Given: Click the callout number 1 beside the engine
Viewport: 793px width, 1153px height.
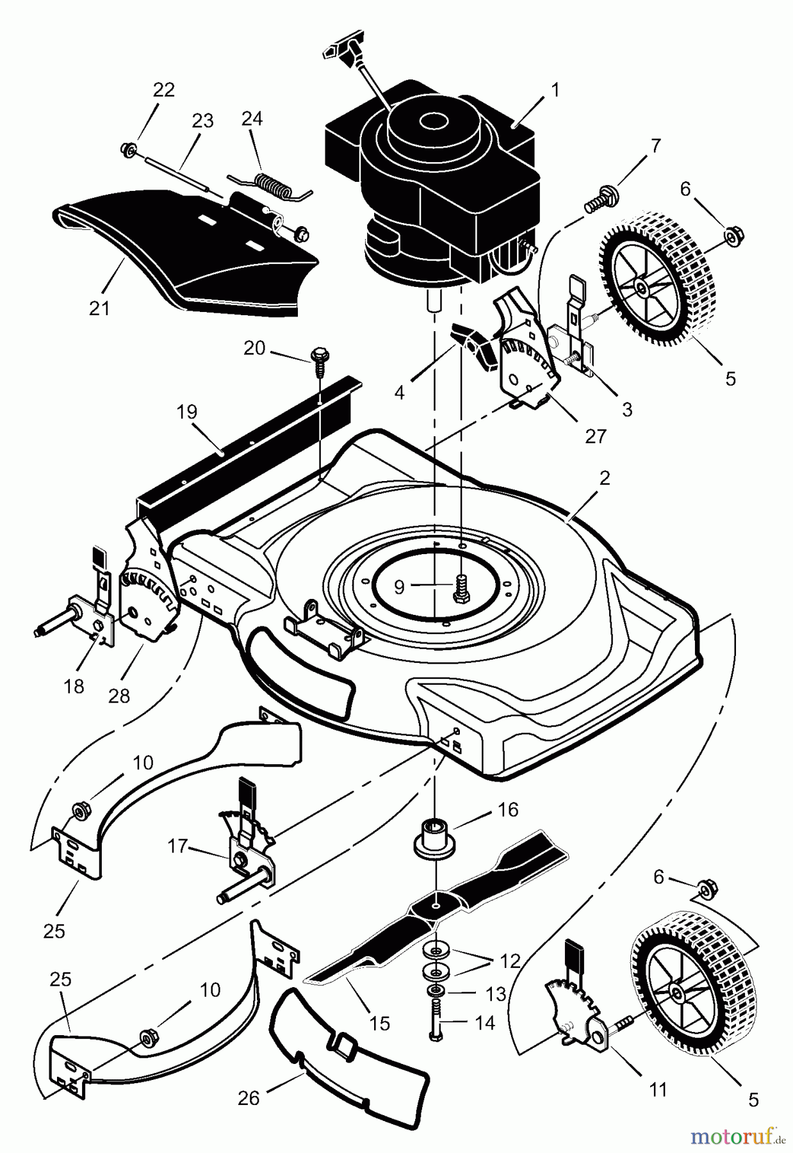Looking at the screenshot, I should click(x=555, y=90).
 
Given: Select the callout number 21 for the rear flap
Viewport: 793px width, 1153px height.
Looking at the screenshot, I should click(x=99, y=308).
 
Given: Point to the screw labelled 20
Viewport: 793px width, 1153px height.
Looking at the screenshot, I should click(x=318, y=356).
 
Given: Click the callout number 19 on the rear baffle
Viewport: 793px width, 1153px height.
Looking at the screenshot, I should click(x=186, y=412).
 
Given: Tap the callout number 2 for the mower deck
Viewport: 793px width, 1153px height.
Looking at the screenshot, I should click(x=604, y=478).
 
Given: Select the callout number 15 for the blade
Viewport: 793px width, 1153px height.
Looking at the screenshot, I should click(x=379, y=1023).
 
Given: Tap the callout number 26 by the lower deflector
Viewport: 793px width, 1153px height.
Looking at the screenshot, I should click(x=249, y=1098).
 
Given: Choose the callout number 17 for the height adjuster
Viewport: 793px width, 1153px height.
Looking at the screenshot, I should click(x=177, y=846).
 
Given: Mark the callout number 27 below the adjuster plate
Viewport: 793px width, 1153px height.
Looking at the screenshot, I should click(x=596, y=436).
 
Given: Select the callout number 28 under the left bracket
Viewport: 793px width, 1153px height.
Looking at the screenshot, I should click(x=119, y=695).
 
